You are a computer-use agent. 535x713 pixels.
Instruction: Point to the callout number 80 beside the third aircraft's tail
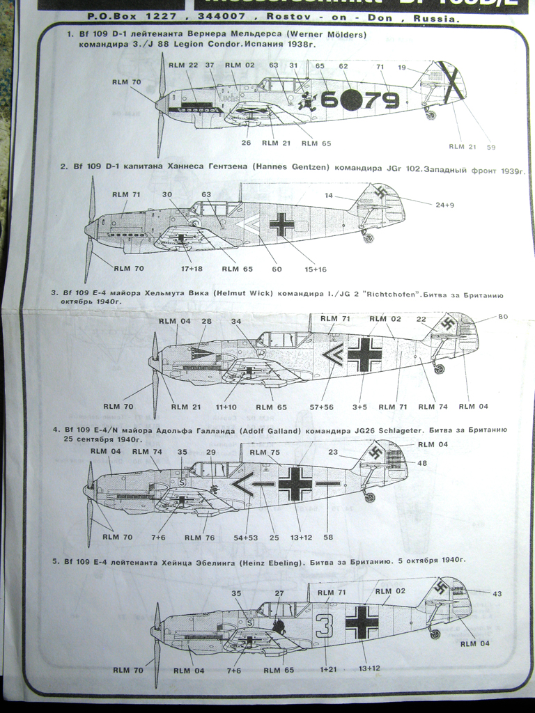[x=502, y=317]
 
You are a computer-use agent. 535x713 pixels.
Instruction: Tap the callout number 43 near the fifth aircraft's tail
[x=497, y=593]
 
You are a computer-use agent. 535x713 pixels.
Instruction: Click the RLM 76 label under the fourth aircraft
[x=200, y=537]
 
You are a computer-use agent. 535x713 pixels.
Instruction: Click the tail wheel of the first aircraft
[x=431, y=115]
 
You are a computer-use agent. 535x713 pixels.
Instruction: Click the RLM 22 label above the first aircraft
[x=184, y=65]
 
